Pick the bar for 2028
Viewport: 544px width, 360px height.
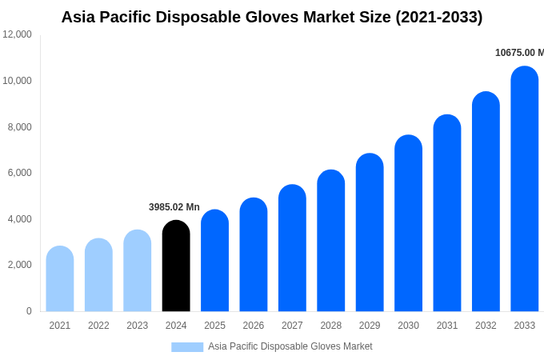(x=330, y=240)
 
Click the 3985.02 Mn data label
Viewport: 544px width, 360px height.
(x=174, y=207)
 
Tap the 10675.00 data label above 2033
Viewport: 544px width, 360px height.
(x=518, y=53)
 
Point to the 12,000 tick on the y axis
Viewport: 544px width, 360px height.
(x=18, y=34)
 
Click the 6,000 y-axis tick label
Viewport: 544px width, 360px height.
(x=18, y=173)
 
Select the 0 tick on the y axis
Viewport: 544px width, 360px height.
(x=29, y=311)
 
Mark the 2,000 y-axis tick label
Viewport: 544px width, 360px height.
(x=18, y=265)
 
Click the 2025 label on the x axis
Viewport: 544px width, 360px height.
(x=214, y=326)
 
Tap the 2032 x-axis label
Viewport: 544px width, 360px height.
(x=486, y=326)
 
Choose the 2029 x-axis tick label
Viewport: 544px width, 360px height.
(x=370, y=326)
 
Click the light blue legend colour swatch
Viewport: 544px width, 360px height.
(x=187, y=346)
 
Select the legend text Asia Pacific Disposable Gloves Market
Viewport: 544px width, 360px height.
(x=290, y=346)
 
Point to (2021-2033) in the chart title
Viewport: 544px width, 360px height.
(x=439, y=17)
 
